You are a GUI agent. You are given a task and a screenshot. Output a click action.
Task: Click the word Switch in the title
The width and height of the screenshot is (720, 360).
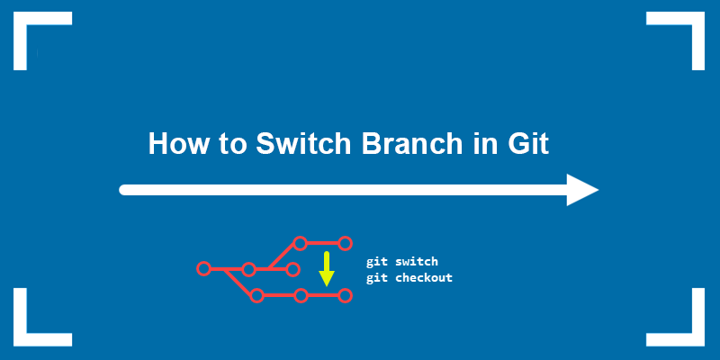(x=297, y=144)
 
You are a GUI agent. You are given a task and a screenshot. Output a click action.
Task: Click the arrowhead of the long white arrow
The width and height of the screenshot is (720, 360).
(x=581, y=190)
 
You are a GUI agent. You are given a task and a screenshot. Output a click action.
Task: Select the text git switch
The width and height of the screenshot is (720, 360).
(x=401, y=262)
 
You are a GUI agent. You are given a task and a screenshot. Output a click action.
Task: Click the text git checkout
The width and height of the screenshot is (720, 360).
(x=409, y=278)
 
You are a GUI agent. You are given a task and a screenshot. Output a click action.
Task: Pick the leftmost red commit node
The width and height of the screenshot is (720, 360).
(x=203, y=268)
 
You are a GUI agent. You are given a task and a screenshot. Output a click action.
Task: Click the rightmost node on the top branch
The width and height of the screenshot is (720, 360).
(x=344, y=243)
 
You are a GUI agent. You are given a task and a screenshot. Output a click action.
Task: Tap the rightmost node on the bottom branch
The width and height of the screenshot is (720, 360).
(x=344, y=294)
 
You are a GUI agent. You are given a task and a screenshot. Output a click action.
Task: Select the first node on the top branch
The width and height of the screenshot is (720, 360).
(x=300, y=243)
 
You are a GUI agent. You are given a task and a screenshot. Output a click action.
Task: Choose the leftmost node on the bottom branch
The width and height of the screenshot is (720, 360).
(x=256, y=294)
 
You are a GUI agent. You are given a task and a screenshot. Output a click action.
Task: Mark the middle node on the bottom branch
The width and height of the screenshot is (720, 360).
(x=301, y=294)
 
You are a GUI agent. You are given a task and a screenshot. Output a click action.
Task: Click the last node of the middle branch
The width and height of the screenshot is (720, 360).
(x=292, y=268)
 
